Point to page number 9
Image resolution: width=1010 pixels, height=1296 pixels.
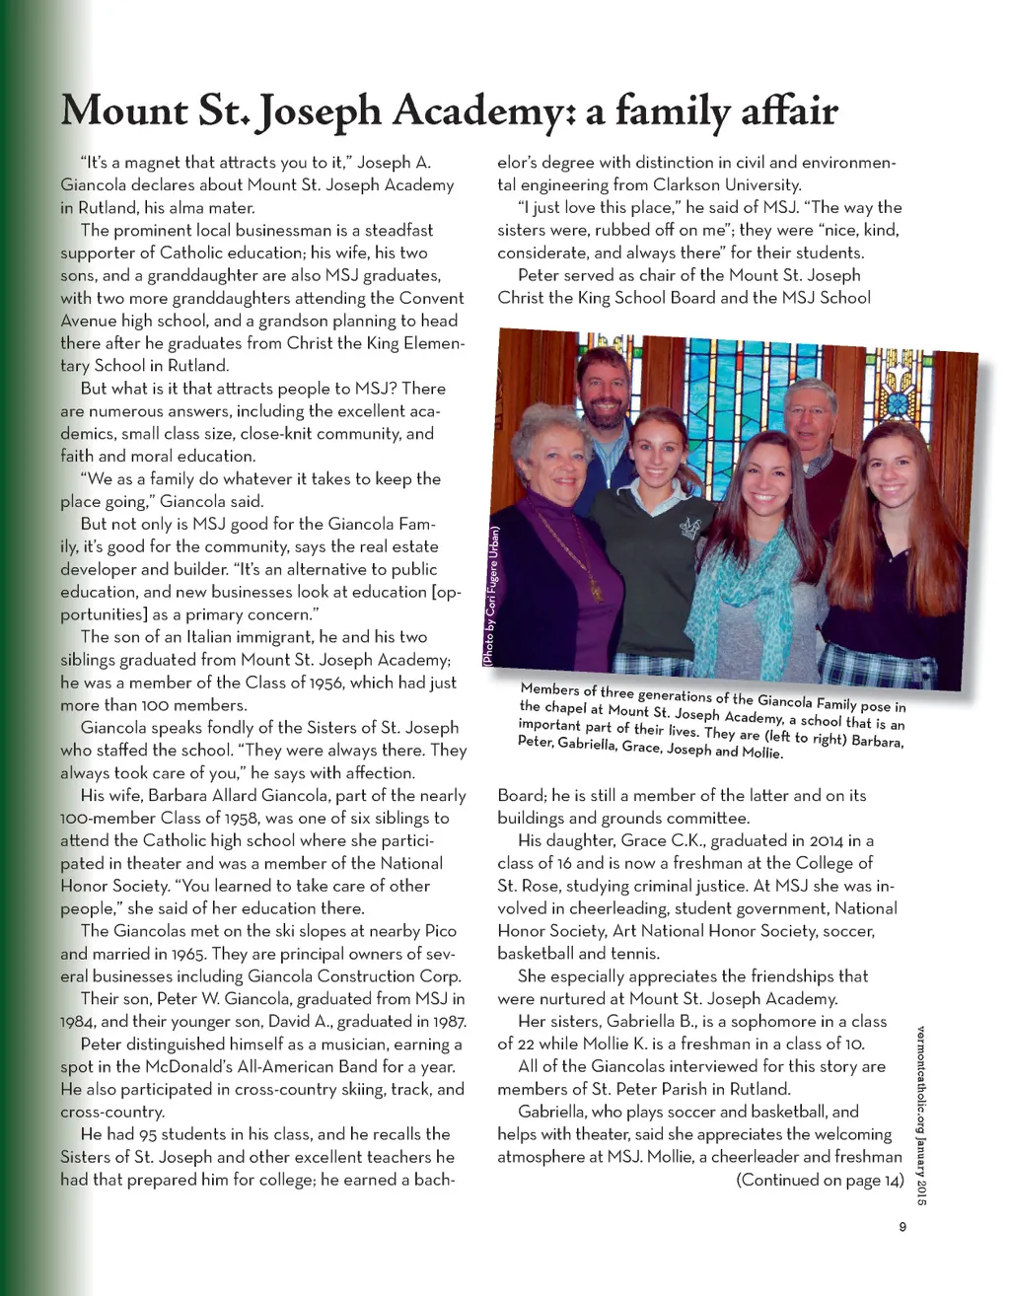click(x=902, y=1228)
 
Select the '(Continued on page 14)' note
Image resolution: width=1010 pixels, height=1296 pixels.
click(x=820, y=1180)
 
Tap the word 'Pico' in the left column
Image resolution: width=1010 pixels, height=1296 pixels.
click(x=447, y=931)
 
